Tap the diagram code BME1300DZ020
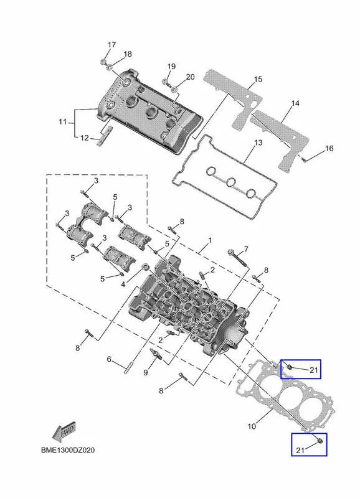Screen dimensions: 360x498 [x=68, y=450]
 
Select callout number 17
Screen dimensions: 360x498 [x=111, y=44]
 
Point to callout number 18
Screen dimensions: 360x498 [x=128, y=54]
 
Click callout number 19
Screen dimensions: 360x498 [x=171, y=67]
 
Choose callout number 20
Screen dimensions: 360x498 [x=190, y=77]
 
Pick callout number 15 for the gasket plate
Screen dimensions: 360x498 [x=258, y=79]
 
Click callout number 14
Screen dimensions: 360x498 [x=295, y=103]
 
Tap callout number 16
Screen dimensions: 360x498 [x=329, y=148]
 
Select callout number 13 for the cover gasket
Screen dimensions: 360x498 [x=258, y=143]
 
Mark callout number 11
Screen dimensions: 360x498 [x=62, y=121]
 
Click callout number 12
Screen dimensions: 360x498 [x=84, y=138]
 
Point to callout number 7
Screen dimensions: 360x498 [x=246, y=248]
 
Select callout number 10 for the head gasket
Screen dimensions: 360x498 [x=252, y=426]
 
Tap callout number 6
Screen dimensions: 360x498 [x=109, y=359]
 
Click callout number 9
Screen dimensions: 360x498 [x=146, y=372]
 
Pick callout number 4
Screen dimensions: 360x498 [x=123, y=284]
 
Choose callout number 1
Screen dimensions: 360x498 [x=210, y=240]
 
